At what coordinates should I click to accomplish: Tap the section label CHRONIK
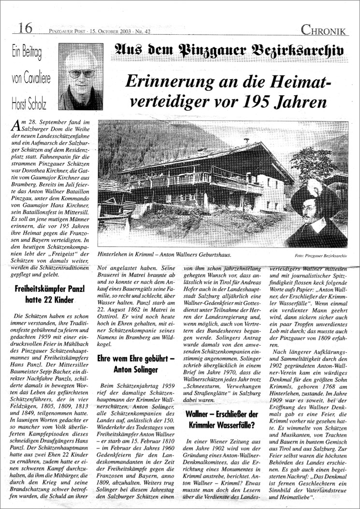coord(324,30)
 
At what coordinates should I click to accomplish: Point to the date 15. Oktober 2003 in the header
coord(110,31)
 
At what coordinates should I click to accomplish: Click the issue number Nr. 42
coord(144,31)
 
